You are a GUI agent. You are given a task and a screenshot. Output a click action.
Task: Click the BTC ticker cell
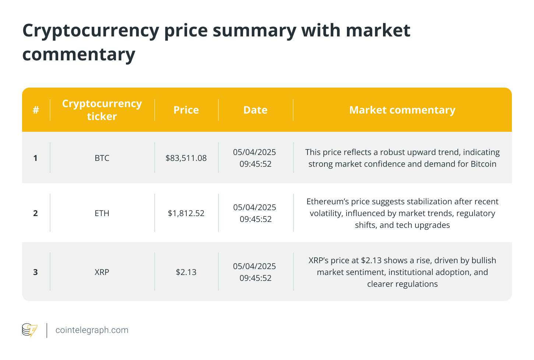(102, 158)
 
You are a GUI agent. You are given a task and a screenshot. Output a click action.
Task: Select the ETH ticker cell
(102, 213)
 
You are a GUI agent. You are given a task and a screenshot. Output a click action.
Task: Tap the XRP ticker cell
(102, 272)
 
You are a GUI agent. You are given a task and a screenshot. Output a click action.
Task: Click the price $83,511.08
(186, 158)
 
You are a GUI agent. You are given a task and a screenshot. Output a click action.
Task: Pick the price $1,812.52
(186, 213)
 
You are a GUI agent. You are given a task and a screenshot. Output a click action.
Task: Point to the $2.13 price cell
(186, 272)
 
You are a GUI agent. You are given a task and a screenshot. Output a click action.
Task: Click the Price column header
(186, 110)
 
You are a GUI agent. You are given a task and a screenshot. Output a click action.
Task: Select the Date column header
(255, 110)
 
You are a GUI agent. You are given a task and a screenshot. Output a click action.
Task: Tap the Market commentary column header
(402, 110)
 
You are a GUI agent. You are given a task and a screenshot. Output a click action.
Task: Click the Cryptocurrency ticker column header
(102, 110)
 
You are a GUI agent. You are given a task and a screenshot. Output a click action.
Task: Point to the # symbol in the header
(36, 110)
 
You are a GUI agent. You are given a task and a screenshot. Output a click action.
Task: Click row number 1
(35, 158)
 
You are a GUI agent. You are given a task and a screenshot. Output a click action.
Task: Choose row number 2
(35, 213)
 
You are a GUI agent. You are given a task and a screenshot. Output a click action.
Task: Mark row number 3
(35, 272)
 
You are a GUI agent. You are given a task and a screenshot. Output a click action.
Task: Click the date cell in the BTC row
(255, 158)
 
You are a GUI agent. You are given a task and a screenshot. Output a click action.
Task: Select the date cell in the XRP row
(255, 272)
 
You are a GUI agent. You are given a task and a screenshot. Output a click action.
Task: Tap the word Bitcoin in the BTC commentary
(484, 164)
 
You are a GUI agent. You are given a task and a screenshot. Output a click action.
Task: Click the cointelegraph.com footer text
(92, 330)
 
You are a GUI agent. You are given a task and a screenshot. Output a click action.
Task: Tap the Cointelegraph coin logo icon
(29, 330)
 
